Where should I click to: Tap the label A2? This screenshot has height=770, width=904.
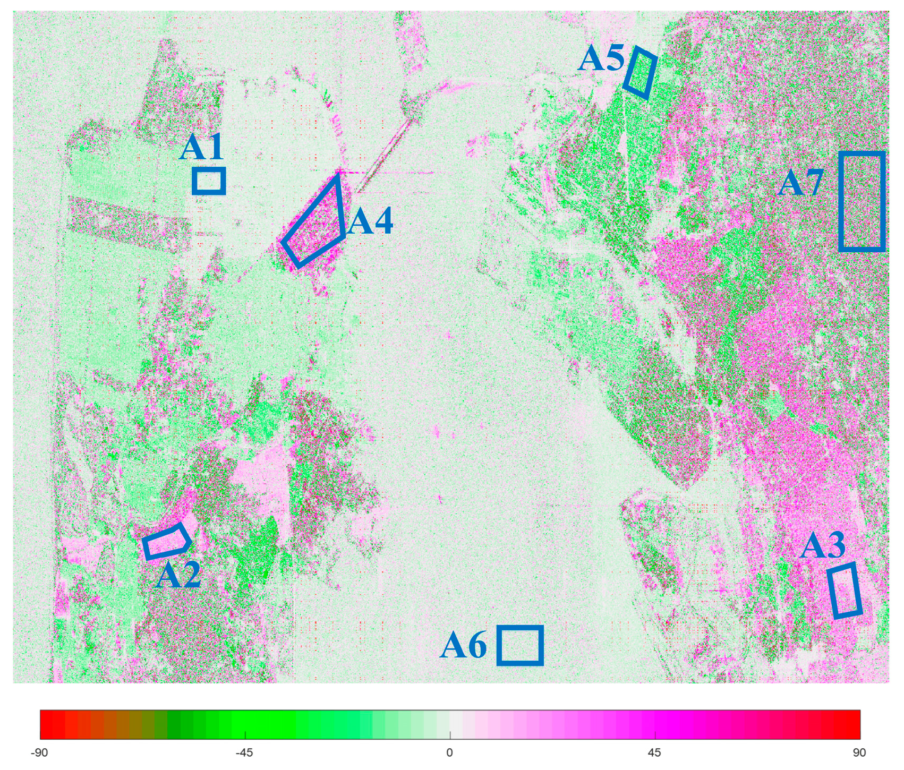pos(178,575)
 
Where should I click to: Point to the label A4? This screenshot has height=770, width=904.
pos(370,221)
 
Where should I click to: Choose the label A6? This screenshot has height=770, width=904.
pos(463,646)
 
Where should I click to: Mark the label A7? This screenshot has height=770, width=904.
pos(801,183)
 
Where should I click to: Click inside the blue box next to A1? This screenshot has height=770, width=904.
pos(209,181)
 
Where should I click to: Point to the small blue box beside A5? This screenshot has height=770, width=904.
pos(641,72)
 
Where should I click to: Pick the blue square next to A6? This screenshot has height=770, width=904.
pos(520,645)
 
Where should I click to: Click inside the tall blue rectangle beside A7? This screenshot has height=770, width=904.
pos(862,201)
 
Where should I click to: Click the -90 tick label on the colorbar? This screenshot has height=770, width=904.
pos(40,752)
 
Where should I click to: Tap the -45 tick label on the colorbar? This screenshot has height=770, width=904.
pos(245,752)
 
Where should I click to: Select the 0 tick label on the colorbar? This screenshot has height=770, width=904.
pos(450,752)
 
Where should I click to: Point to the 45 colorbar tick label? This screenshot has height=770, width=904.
pos(655,752)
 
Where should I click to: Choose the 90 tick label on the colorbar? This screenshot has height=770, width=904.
pos(859,752)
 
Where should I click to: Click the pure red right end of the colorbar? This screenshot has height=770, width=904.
pos(854,724)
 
